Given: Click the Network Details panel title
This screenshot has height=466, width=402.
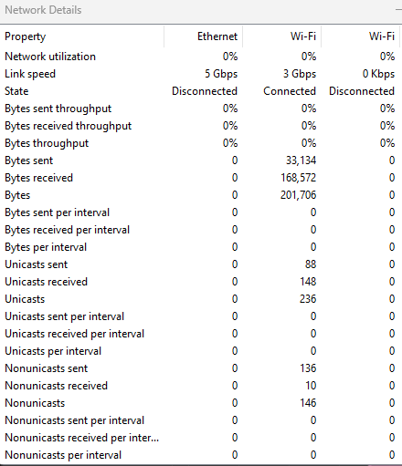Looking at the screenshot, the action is tap(43, 10).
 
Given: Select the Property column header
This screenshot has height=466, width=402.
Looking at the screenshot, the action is tap(26, 36).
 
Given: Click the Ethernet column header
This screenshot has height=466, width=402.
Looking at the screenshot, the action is tap(217, 36).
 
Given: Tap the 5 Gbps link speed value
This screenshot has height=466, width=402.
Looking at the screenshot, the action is tap(221, 74).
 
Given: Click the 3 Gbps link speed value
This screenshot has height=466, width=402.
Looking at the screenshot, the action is tap(300, 74).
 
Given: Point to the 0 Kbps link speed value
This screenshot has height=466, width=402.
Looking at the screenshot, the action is tap(378, 74).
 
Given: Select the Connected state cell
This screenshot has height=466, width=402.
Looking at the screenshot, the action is tap(290, 91).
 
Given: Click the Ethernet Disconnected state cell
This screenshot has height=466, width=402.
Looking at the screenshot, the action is tap(205, 91).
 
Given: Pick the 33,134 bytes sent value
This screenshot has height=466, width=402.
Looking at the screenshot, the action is tap(301, 161).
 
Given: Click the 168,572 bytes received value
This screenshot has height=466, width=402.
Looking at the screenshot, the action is tap(299, 178).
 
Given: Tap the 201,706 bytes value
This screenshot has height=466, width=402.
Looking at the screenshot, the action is tap(299, 195).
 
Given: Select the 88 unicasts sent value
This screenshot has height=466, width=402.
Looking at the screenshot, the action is tap(311, 264).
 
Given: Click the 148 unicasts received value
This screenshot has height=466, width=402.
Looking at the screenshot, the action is tap(308, 282).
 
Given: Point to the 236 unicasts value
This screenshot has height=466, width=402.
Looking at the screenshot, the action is tap(308, 299).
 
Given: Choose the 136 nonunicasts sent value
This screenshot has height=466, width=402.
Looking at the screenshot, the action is tap(308, 368).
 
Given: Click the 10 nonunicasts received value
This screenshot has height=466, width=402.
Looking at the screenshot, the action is tap(311, 386).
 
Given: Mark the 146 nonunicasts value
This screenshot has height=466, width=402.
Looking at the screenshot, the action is tap(308, 403).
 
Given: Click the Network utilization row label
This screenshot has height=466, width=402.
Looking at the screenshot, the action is tap(50, 57).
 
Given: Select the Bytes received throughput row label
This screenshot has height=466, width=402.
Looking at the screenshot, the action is tap(69, 126).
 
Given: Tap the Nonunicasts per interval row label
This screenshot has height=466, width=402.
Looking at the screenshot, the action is tap(63, 455).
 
